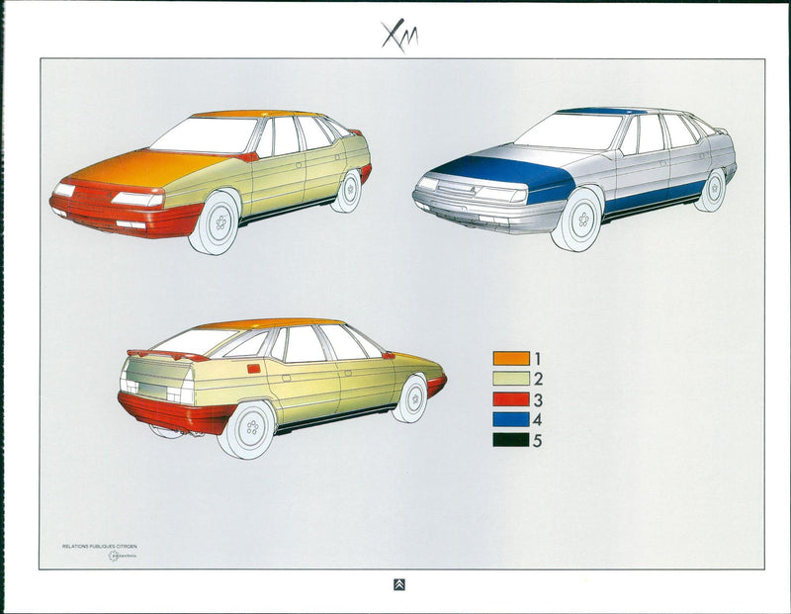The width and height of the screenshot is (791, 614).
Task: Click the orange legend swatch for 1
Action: [x=511, y=358]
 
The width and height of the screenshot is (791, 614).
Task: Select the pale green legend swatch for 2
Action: [x=511, y=379]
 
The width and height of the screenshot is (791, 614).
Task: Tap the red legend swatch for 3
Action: [x=511, y=399]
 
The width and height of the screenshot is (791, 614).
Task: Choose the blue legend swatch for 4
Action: [x=511, y=420]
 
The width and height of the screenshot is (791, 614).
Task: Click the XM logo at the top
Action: [x=400, y=35]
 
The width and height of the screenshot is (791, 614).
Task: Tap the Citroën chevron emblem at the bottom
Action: [x=398, y=584]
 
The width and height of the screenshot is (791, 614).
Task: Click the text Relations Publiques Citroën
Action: [x=100, y=545]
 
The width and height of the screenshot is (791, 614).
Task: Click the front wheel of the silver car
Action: [x=578, y=219]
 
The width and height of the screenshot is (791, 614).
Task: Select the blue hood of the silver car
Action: [x=504, y=171]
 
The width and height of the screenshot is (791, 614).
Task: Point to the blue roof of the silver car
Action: [x=600, y=111]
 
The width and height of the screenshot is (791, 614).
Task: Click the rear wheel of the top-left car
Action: [x=348, y=191]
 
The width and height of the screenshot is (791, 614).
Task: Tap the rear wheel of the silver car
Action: [x=711, y=190]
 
